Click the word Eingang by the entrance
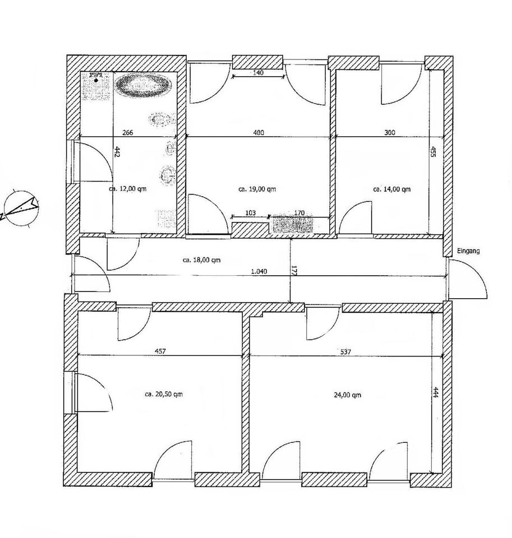click(468, 252)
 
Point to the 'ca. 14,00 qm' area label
click(391, 189)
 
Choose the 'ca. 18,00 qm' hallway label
click(202, 260)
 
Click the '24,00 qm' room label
click(347, 394)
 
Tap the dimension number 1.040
click(260, 271)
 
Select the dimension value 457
click(160, 351)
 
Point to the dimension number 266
click(128, 133)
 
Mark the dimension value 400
click(258, 133)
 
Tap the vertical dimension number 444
click(436, 392)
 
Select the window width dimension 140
click(258, 72)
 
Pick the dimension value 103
click(250, 212)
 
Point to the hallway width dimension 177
click(293, 271)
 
